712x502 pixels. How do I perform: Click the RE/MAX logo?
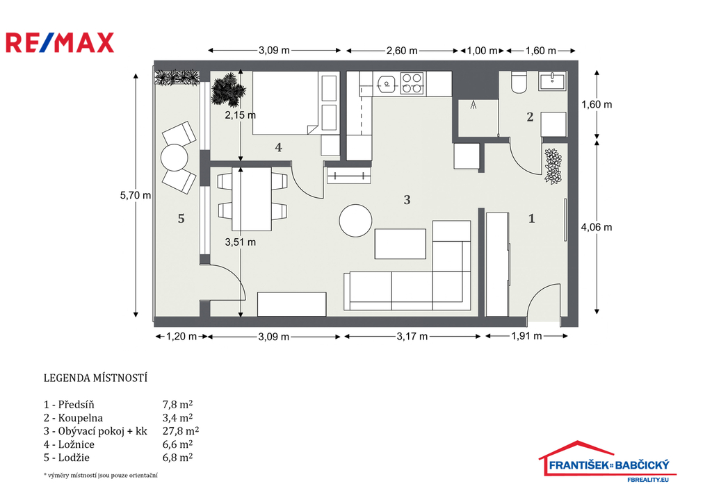[60, 43]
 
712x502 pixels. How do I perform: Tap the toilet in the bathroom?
[519, 82]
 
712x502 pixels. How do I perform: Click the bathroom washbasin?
[552, 81]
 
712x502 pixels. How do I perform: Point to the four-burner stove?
[412, 83]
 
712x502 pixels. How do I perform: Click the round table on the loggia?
[175, 158]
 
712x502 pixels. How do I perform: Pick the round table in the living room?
[355, 220]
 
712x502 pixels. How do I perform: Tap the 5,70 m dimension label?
[136, 195]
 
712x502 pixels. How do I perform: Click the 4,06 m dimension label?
[597, 227]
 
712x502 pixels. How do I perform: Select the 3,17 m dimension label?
[412, 337]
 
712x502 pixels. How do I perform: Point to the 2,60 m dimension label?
[402, 51]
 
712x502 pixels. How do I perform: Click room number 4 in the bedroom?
[278, 147]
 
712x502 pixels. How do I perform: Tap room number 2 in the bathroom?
[530, 117]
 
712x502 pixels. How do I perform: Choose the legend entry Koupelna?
[74, 418]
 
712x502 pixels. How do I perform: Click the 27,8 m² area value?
[181, 430]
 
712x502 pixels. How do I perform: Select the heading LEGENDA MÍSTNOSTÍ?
[95, 378]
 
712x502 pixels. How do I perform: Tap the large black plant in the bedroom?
[226, 88]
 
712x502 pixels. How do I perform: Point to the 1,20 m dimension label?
[181, 337]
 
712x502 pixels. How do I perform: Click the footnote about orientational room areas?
[100, 475]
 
